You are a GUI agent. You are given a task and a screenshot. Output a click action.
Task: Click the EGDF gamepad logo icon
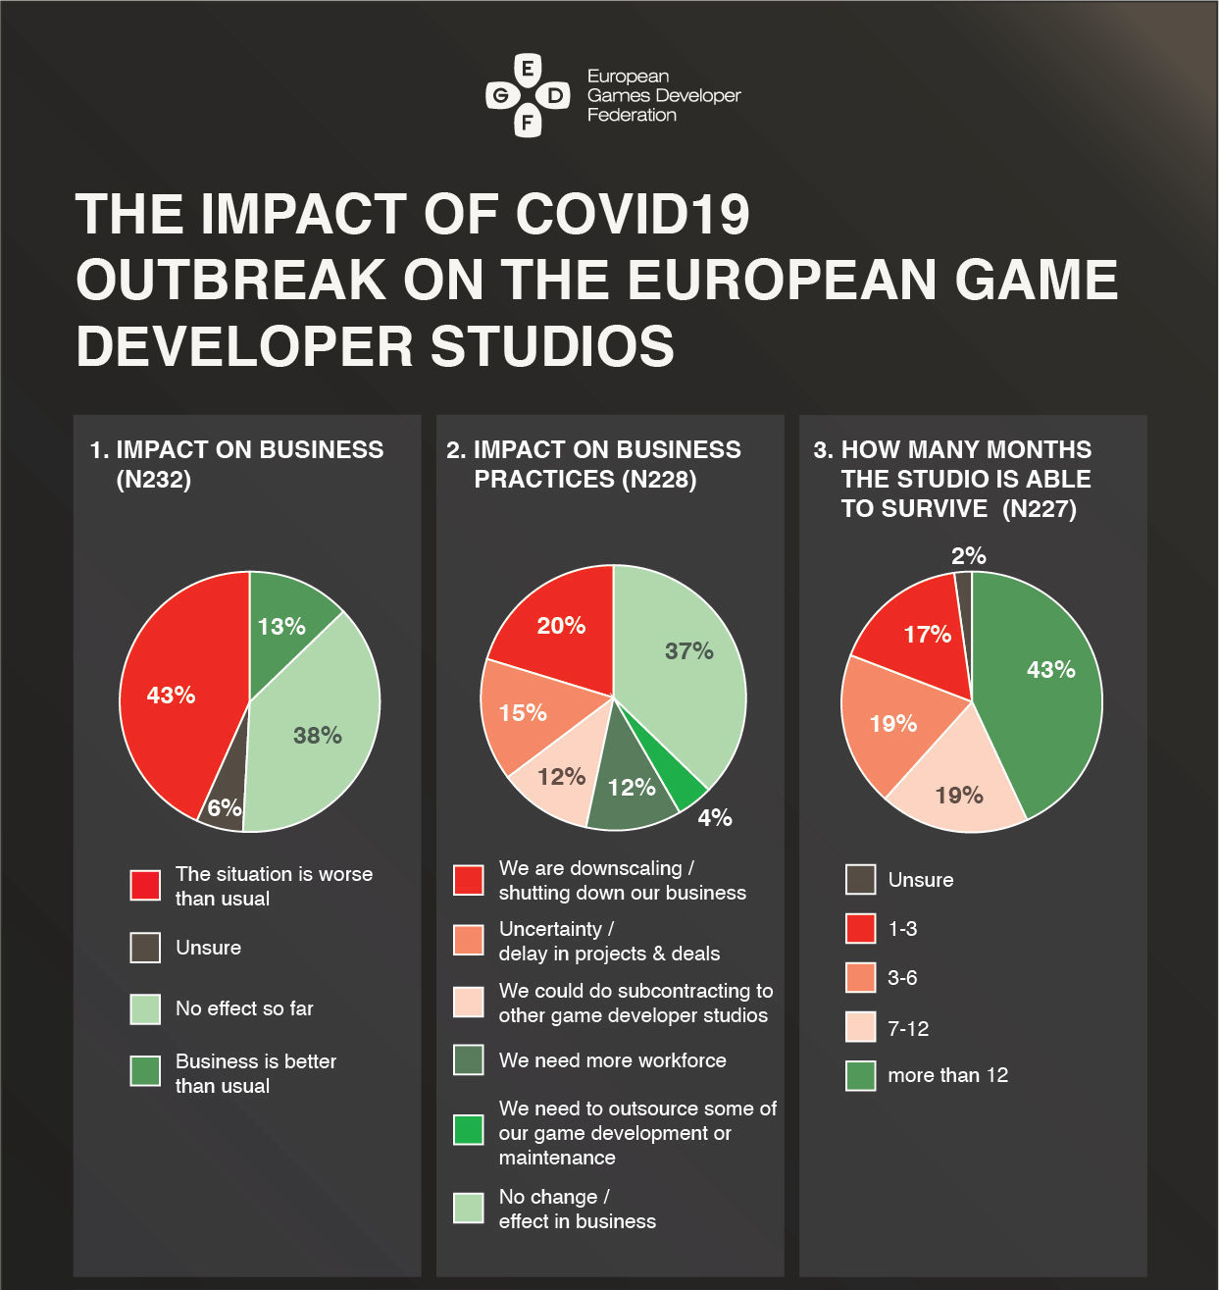pyautogui.click(x=528, y=96)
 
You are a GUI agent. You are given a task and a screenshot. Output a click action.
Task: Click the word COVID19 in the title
pyautogui.click(x=632, y=214)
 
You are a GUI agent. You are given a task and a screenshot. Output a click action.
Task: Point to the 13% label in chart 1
pyautogui.click(x=281, y=626)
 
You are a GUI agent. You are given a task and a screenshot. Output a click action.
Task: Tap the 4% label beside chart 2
pyautogui.click(x=715, y=817)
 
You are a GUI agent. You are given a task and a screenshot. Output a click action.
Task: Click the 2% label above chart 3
pyautogui.click(x=968, y=556)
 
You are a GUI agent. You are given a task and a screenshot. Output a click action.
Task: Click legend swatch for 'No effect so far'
pyautogui.click(x=145, y=1008)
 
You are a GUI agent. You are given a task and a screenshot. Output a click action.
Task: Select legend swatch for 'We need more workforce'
pyautogui.click(x=469, y=1059)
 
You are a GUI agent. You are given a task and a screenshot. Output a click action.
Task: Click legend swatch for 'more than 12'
pyautogui.click(x=860, y=1075)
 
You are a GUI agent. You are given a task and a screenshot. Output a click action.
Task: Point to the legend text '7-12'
pyautogui.click(x=908, y=1028)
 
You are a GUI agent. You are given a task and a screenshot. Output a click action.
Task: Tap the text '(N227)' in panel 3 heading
pyautogui.click(x=1040, y=508)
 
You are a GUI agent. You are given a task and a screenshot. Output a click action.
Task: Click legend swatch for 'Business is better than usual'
pyautogui.click(x=145, y=1070)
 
